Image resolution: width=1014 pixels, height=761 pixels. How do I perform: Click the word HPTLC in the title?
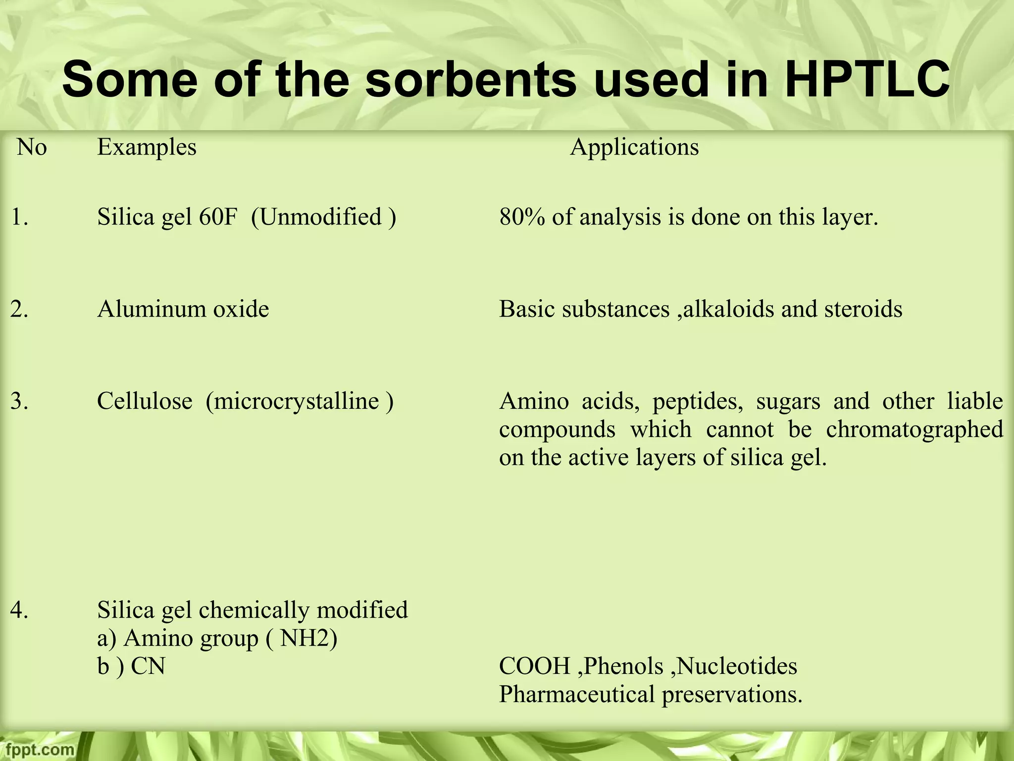pyautogui.click(x=866, y=79)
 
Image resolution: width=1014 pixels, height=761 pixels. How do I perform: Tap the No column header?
pyautogui.click(x=32, y=147)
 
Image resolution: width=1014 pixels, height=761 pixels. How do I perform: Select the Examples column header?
pyautogui.click(x=147, y=147)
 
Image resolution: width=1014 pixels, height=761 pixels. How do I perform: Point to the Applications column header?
pyautogui.click(x=634, y=147)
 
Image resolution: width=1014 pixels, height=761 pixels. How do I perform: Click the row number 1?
pyautogui.click(x=19, y=217)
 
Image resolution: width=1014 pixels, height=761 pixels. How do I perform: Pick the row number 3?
pyautogui.click(x=19, y=401)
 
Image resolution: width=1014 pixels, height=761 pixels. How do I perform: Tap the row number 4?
pyautogui.click(x=19, y=610)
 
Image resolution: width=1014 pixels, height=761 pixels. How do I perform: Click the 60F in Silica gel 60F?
pyautogui.click(x=218, y=217)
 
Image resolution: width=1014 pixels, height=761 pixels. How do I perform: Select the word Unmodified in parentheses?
pyautogui.click(x=320, y=217)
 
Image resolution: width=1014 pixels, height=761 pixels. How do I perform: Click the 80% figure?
pyautogui.click(x=522, y=217)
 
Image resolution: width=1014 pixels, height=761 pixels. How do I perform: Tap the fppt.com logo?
pyautogui.click(x=38, y=750)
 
